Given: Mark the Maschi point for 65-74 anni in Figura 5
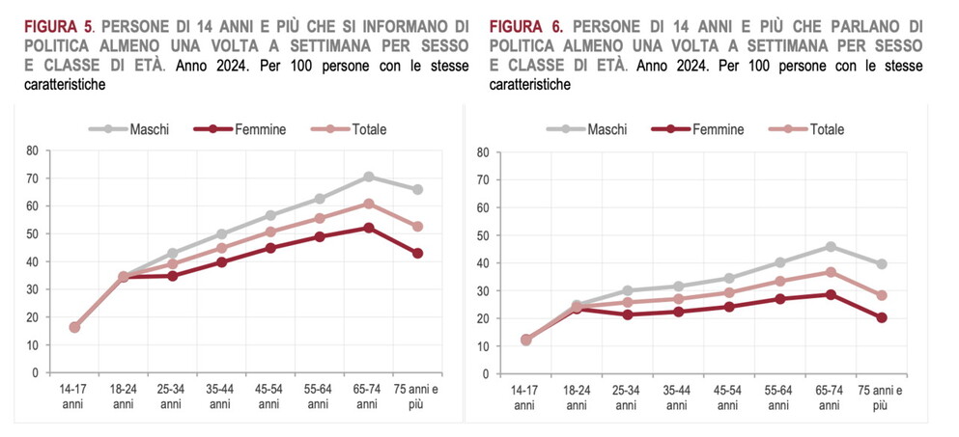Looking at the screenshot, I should coord(368,177).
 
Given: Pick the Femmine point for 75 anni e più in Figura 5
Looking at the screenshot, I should coord(417,254).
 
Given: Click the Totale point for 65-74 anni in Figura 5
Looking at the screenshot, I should coord(368,204).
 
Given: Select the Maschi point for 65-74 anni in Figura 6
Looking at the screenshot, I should coord(831,247).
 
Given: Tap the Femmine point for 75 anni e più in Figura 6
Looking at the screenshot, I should coord(881,317).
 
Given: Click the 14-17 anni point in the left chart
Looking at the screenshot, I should coord(74,327).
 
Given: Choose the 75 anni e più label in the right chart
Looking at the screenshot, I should coord(881,396).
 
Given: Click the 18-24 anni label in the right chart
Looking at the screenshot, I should coord(577,396).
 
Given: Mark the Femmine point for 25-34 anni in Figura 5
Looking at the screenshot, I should coord(172,276).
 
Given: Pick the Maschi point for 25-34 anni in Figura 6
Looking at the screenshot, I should coord(628,290).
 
